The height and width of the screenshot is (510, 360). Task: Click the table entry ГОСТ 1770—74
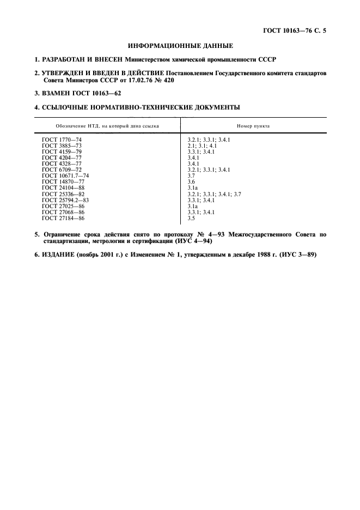coord(62,140)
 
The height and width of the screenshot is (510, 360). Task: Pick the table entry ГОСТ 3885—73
coord(62,146)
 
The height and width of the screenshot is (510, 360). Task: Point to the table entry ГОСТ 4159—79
coord(62,152)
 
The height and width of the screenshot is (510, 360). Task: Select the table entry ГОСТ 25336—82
coord(63,194)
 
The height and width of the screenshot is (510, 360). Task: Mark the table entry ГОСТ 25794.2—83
coord(65,200)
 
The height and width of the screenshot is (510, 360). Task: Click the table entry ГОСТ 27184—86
coord(63,218)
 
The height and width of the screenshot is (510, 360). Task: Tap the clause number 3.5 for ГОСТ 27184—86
coord(191,218)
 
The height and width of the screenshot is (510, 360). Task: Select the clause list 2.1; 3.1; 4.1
coord(202,146)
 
